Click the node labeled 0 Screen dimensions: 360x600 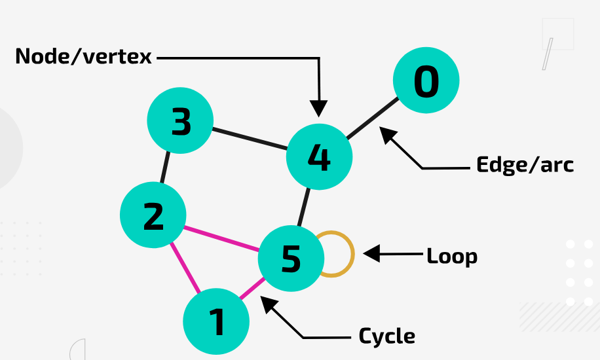pyautogui.click(x=426, y=81)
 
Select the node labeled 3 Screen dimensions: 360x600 pyautogui.click(x=180, y=120)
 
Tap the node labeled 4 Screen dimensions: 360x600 pyautogui.click(x=319, y=157)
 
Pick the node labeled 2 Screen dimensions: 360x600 pyautogui.click(x=153, y=215)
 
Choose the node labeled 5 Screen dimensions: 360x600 pyautogui.click(x=291, y=259)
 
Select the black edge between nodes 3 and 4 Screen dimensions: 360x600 pyautogui.click(x=250, y=139)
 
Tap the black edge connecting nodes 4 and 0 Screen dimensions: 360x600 pyautogui.click(x=372, y=119)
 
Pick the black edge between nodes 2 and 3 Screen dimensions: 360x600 pyautogui.click(x=166, y=168)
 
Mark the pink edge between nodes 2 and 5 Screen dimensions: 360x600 pyautogui.click(x=222, y=239)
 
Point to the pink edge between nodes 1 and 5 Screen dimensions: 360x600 pyautogui.click(x=252, y=290)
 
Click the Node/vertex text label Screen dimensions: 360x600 pyautogui.click(x=83, y=57)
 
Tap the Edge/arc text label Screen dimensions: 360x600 pyautogui.click(x=525, y=164)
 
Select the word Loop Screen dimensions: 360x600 pyautogui.click(x=452, y=256)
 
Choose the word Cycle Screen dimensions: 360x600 pyautogui.click(x=386, y=336)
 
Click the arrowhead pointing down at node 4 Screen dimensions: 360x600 pyautogui.click(x=319, y=109)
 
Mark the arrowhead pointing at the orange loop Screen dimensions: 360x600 pyautogui.click(x=371, y=254)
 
